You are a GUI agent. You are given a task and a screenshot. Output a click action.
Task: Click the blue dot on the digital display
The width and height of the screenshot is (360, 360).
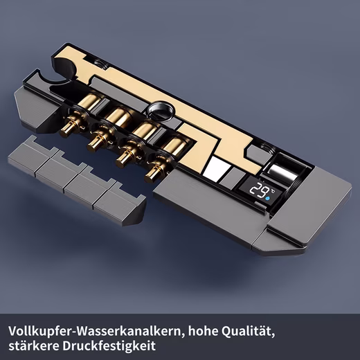268,199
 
